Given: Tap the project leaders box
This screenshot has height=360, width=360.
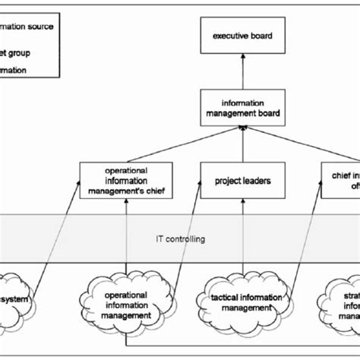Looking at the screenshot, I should [x=241, y=181].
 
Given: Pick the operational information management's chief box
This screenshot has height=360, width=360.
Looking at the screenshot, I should [x=126, y=181].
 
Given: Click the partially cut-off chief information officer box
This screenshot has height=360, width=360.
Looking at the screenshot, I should [x=339, y=181].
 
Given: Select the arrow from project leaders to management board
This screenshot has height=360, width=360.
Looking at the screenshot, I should [x=241, y=144].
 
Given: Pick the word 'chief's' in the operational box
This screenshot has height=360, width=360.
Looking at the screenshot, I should [x=147, y=191].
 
